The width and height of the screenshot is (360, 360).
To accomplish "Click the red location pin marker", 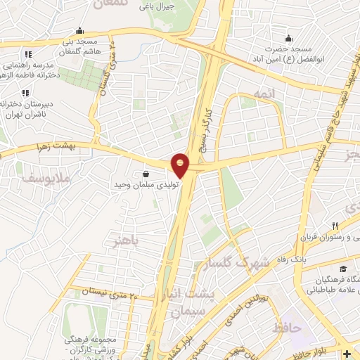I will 181,165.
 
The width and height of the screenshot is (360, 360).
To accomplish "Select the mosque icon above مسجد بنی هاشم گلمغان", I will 80,30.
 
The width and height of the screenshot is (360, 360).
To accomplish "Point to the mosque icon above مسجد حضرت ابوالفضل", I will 289,38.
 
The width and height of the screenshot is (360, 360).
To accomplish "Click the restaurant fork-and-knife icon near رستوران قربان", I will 335,226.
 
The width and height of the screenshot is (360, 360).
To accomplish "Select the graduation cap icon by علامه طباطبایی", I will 342,269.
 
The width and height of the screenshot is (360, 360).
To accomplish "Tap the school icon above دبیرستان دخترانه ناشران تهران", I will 25,92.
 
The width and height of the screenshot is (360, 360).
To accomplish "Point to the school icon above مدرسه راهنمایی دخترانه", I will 27,54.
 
